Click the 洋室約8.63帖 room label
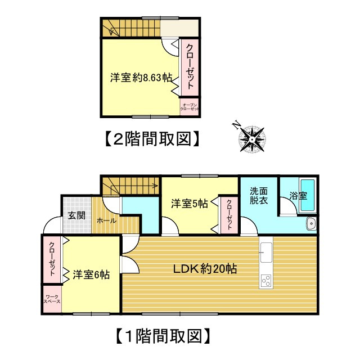141,78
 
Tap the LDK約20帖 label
205,269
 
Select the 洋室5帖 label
190,204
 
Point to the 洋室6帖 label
91,274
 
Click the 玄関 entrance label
77,215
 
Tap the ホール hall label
106,221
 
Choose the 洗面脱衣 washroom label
259,196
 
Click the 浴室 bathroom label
298,196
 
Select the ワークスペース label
52,299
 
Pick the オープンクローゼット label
189,107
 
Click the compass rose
253,139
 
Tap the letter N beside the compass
236,125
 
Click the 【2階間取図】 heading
152,138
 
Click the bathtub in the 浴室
308,195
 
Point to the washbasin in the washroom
311,223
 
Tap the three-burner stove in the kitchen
266,280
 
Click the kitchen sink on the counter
266,253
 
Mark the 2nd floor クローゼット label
190,66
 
